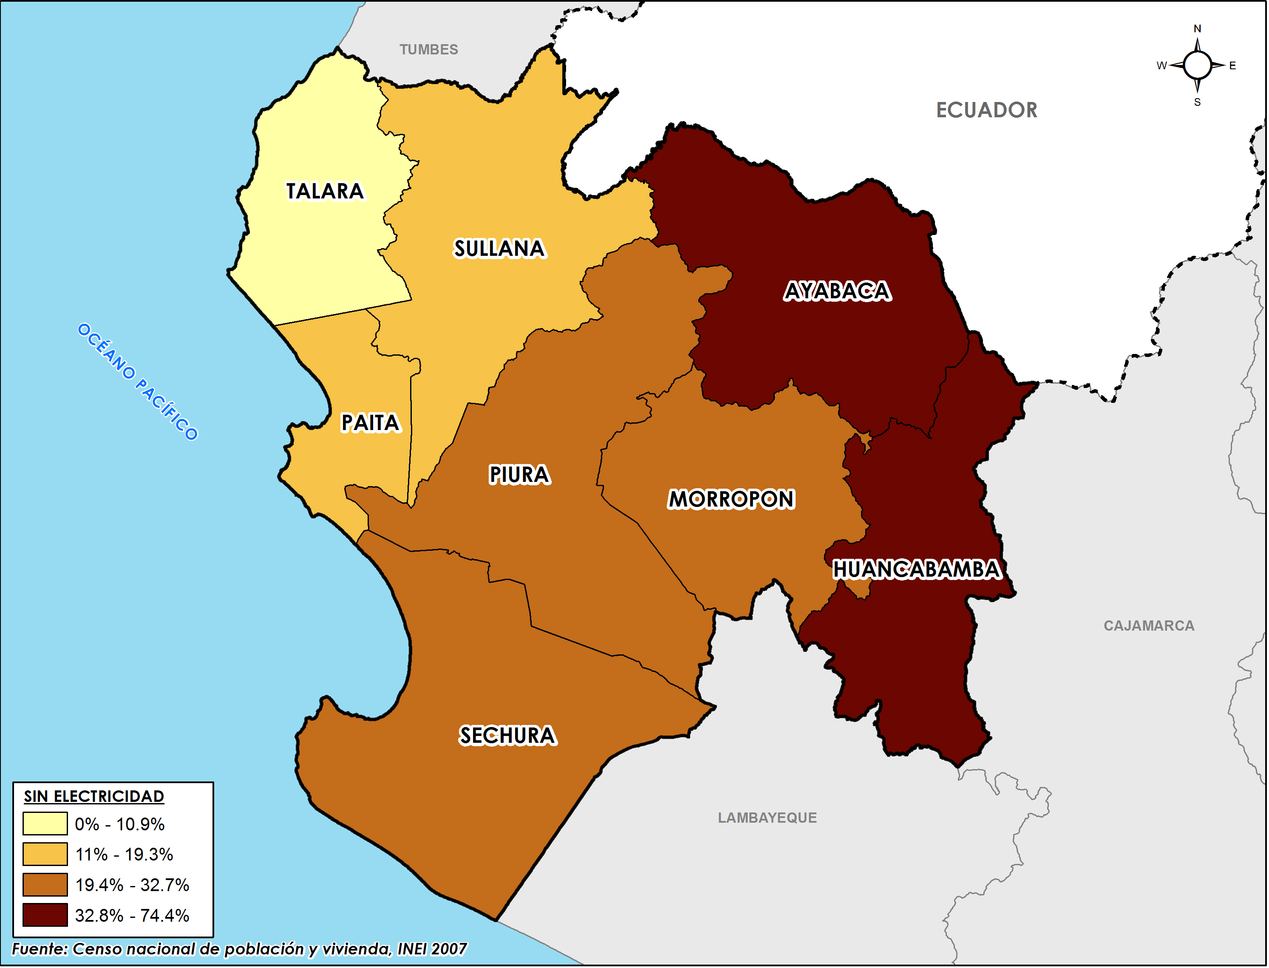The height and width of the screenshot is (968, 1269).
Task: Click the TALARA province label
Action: pos(325,191)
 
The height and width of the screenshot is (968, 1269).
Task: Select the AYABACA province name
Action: pos(837,292)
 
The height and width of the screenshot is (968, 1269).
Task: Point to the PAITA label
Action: pos(371,423)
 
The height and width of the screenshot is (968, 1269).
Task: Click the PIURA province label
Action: pos(519,475)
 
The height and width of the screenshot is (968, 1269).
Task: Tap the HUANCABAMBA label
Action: pos(917,570)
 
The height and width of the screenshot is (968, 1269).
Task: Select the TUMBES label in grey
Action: pos(429,50)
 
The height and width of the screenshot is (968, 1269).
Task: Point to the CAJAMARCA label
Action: pos(1149,626)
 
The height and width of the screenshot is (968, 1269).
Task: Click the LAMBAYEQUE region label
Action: pos(767,818)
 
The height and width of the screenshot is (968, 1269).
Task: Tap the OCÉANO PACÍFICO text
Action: pos(138,382)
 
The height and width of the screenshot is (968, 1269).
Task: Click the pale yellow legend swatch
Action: pos(45,824)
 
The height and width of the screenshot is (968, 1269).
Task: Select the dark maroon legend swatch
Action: pos(45,915)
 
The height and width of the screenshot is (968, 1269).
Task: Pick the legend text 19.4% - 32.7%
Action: pos(132,885)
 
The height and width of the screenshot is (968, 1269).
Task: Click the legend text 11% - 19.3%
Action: pos(124,855)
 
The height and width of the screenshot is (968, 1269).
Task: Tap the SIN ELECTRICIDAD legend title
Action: pos(94,796)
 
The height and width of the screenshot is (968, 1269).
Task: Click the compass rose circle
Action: pos(1198,65)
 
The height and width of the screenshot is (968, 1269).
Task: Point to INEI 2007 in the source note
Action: pos(432,949)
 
